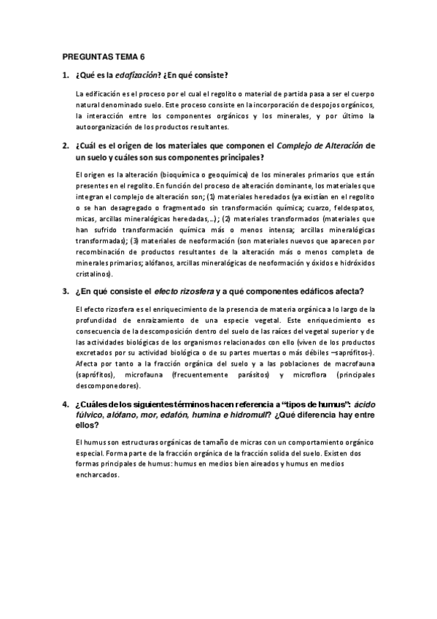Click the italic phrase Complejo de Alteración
(x=320, y=145)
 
